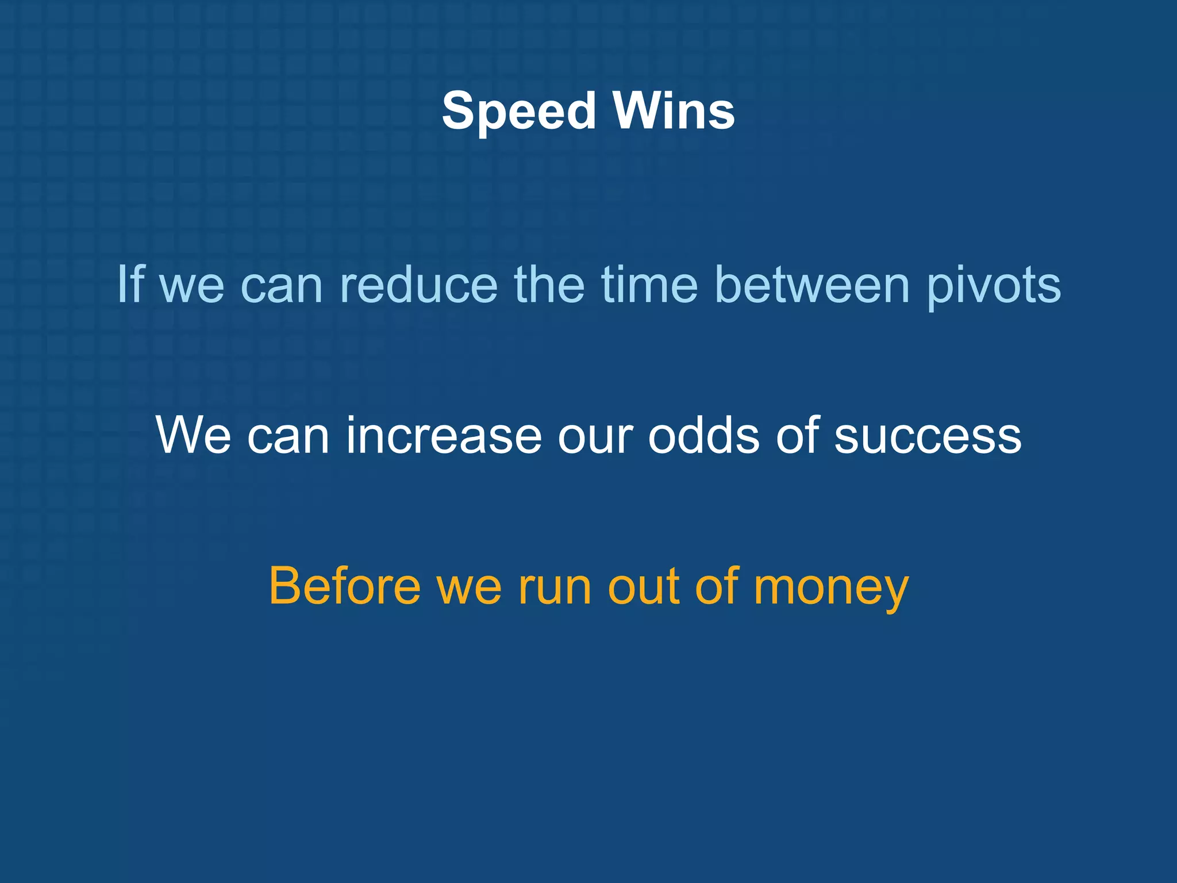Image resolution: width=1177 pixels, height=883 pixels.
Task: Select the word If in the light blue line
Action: [130, 284]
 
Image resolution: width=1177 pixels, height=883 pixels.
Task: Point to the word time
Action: [649, 284]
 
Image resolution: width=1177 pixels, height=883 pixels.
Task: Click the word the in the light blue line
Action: [549, 284]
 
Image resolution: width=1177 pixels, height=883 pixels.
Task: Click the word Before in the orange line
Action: [344, 586]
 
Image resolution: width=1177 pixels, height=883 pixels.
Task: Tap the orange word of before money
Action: [717, 586]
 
